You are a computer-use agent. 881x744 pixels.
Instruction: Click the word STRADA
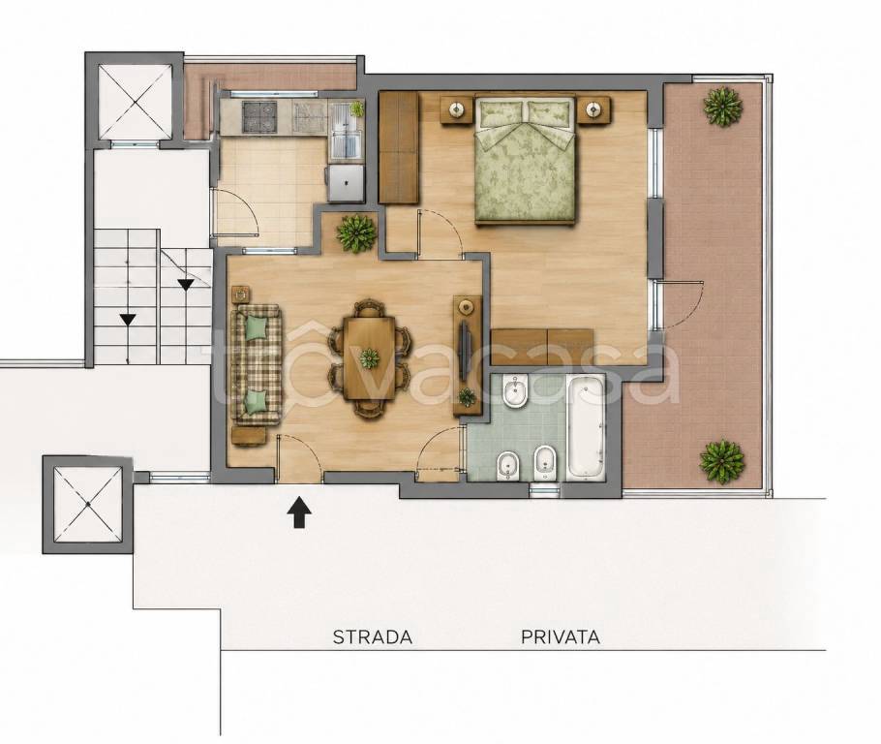click(373, 637)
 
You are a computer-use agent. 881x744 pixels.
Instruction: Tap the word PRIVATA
click(561, 637)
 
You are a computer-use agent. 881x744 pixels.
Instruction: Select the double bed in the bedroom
click(526, 159)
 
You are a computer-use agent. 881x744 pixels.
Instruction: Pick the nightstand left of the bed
click(455, 108)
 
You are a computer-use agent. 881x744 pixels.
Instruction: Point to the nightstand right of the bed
click(594, 108)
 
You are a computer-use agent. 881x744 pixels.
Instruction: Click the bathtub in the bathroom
click(586, 427)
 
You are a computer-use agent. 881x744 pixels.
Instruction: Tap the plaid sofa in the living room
click(258, 364)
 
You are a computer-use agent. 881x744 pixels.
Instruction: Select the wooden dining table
click(370, 357)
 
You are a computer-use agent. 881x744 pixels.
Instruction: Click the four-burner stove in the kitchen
click(259, 117)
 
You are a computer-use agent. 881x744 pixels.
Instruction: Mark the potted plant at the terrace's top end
click(722, 107)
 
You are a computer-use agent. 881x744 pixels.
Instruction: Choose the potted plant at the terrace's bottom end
click(722, 461)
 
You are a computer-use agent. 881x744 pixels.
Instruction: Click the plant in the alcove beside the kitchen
click(355, 232)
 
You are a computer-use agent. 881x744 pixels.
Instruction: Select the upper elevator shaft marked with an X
click(135, 101)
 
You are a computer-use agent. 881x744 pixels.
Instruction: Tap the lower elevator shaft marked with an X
click(88, 505)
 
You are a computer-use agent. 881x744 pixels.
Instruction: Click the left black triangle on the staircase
click(128, 320)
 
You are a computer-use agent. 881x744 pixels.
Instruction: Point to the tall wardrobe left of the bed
click(399, 147)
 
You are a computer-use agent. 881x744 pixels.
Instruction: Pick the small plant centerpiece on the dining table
click(370, 358)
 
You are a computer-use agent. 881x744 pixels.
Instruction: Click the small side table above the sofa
click(240, 294)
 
